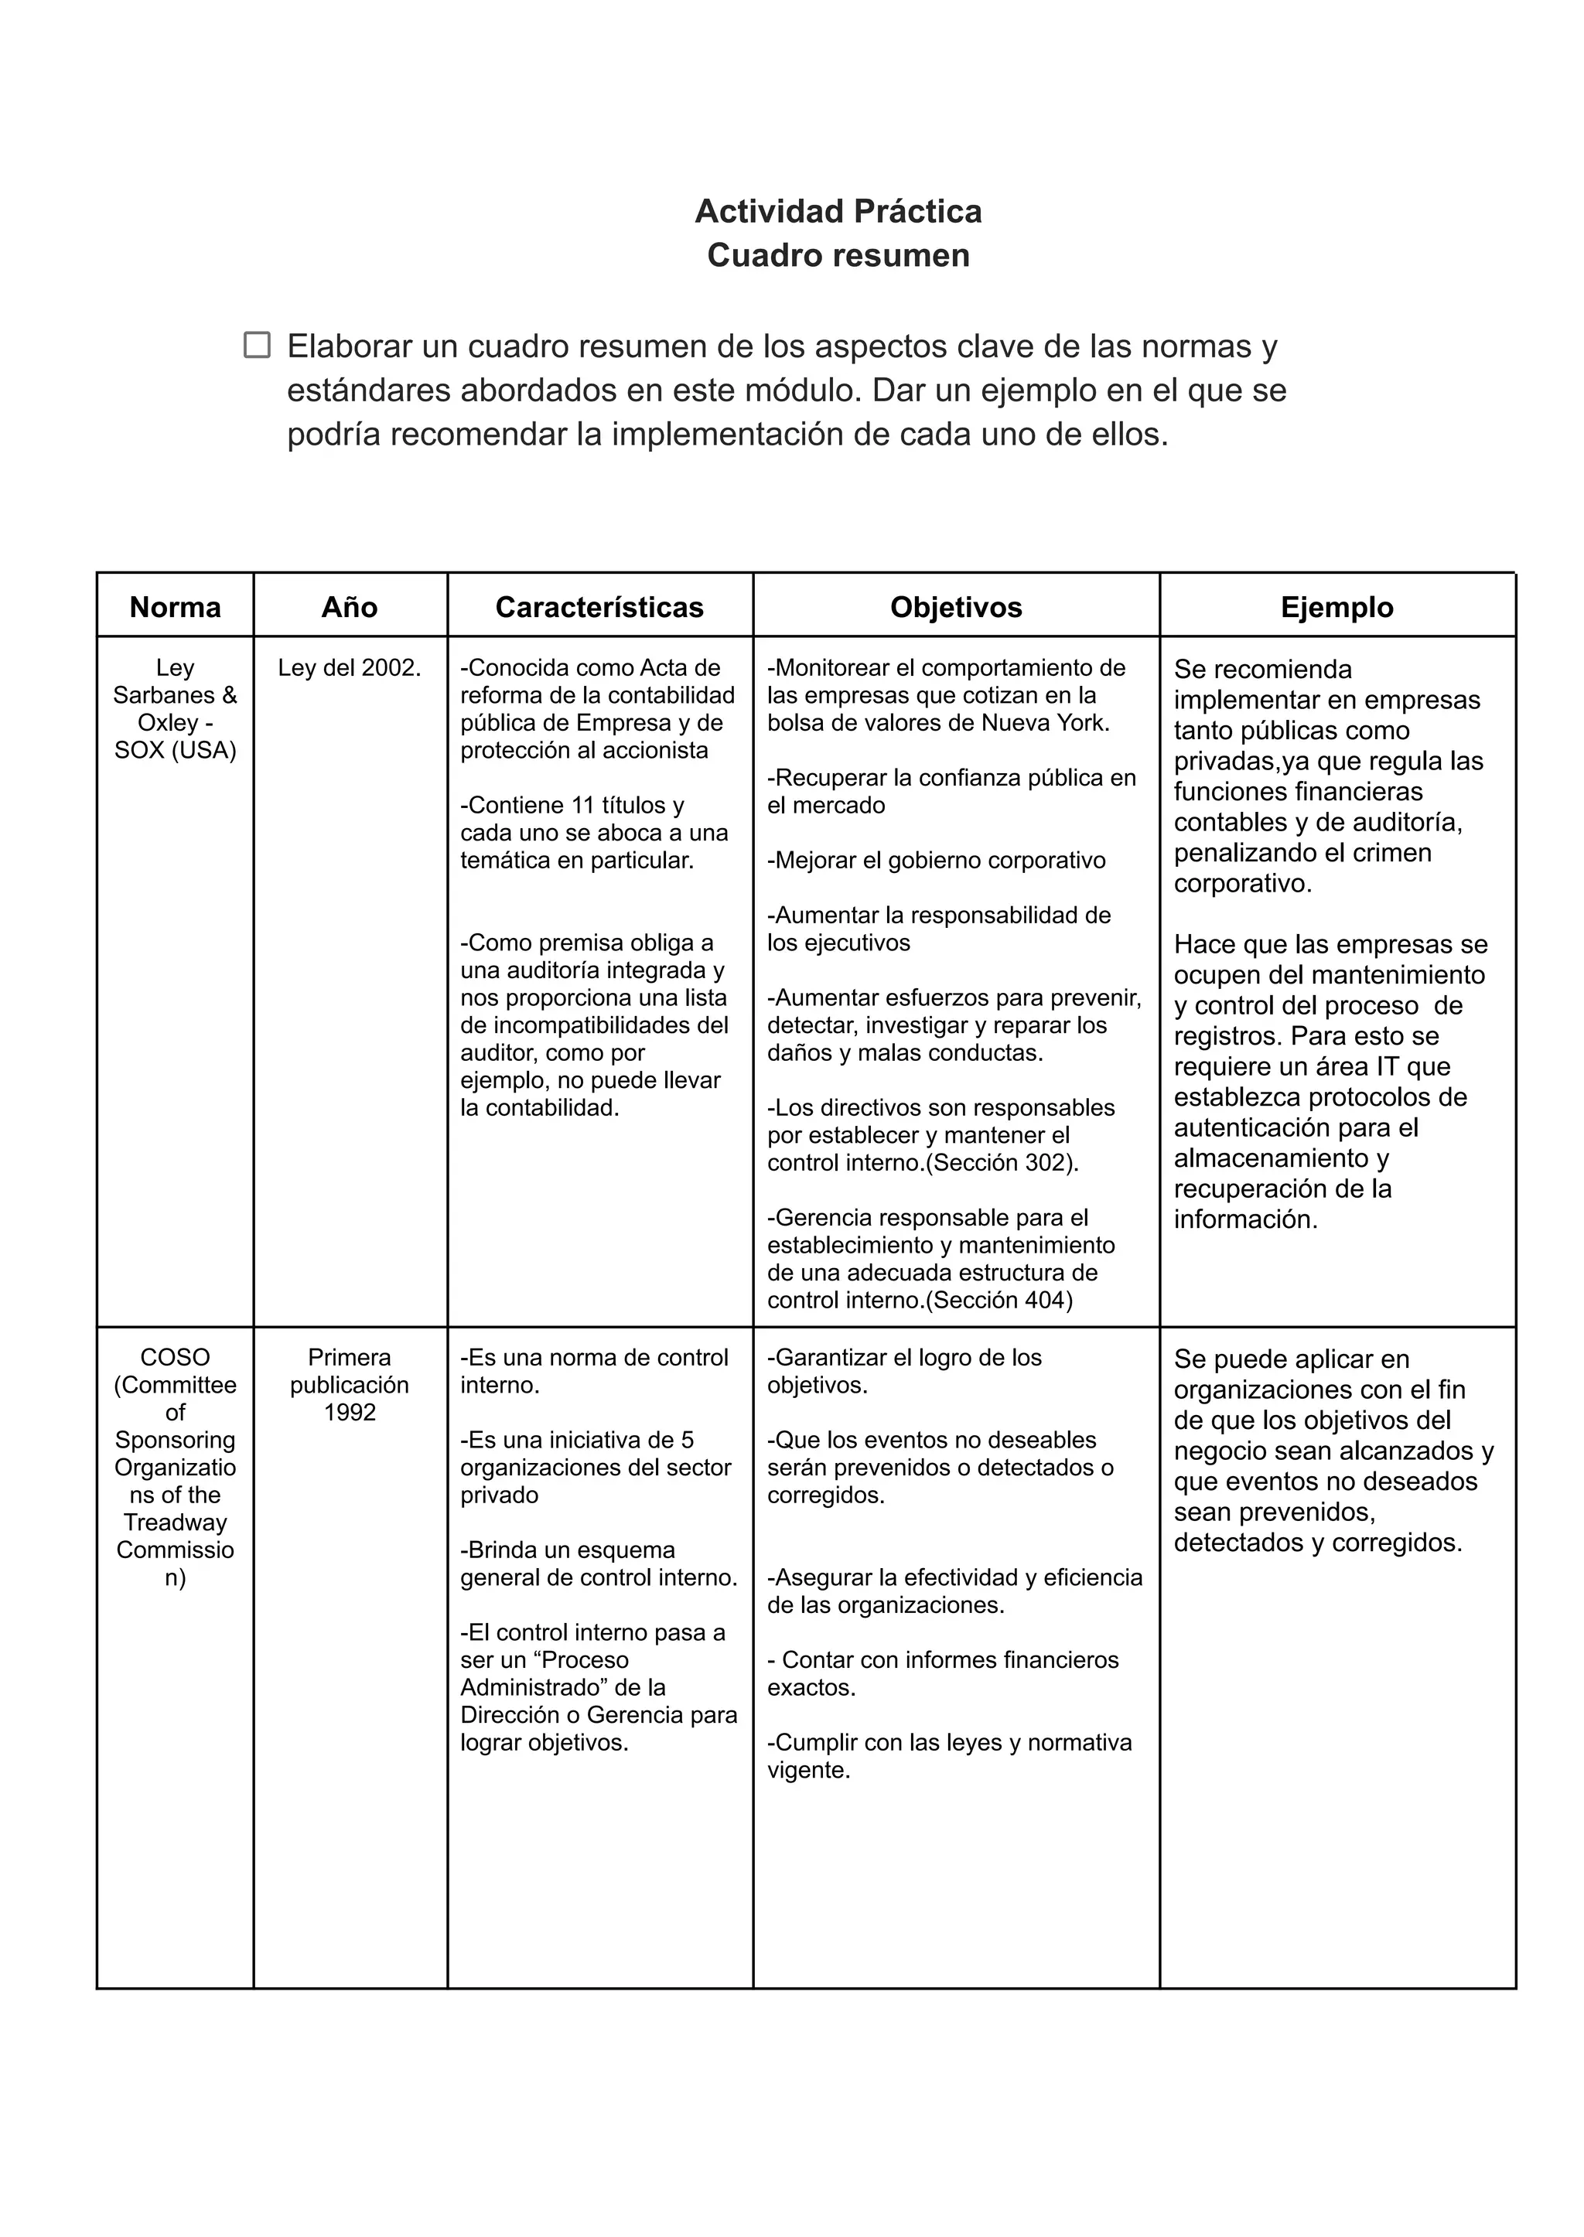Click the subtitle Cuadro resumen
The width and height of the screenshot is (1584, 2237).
838,254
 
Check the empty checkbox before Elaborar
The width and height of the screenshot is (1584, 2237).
257,344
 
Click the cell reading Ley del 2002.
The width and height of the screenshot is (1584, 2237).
349,668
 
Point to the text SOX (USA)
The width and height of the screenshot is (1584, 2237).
175,750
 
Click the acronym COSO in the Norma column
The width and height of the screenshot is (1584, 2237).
175,1357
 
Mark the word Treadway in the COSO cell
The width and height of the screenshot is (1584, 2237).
175,1523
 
